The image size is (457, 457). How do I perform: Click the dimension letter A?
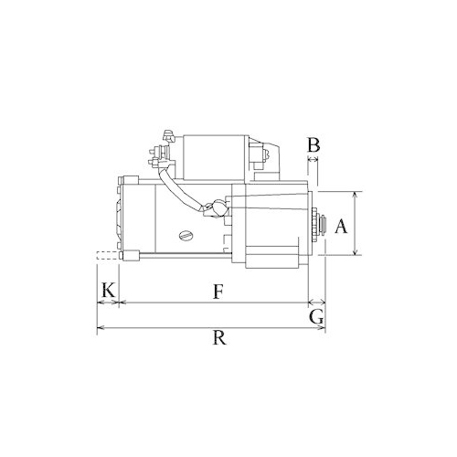[341, 227]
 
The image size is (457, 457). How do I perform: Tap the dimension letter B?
[314, 145]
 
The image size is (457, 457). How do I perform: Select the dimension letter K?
[108, 290]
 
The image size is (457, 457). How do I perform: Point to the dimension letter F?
[218, 292]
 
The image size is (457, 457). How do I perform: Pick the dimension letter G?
[316, 317]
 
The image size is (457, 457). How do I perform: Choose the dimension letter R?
[219, 337]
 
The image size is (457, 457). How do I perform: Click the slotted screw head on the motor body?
[186, 235]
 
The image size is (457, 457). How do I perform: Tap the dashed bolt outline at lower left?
[107, 256]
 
